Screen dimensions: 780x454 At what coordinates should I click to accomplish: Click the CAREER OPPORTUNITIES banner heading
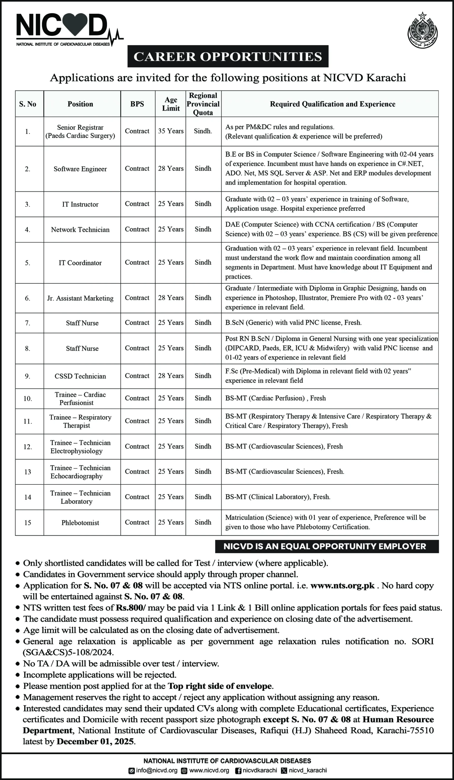tap(228, 56)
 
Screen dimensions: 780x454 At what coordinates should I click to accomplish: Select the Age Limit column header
tap(171, 104)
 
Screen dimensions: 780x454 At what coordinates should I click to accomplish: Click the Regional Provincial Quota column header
tap(203, 104)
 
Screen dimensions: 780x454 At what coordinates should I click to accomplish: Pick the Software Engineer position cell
tap(80, 169)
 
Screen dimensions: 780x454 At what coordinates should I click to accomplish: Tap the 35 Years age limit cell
tap(171, 131)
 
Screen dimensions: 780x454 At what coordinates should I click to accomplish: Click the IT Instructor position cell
tap(80, 204)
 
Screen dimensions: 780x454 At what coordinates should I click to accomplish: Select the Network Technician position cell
tap(80, 230)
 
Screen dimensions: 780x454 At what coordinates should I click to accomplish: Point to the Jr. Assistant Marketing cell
tap(80, 298)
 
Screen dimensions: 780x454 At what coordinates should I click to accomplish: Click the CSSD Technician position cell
tap(80, 376)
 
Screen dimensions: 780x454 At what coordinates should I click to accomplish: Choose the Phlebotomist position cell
tap(80, 523)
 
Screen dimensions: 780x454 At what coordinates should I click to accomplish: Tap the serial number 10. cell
tap(27, 399)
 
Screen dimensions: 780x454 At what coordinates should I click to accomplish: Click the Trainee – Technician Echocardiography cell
tap(80, 472)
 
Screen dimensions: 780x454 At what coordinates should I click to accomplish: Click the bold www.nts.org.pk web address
tap(342, 586)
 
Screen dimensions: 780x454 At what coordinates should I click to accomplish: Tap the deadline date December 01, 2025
tap(95, 741)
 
